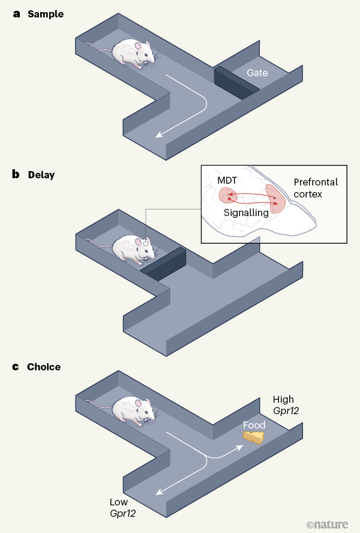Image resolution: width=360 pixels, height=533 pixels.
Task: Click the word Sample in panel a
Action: click(45, 13)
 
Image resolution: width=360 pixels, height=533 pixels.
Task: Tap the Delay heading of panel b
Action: click(41, 175)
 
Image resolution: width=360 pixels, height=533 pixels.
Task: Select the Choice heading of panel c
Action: click(43, 367)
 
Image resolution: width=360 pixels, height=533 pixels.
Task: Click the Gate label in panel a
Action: click(257, 73)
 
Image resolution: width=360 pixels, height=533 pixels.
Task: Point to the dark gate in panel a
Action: click(236, 82)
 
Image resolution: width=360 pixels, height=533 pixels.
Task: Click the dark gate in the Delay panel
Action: click(163, 263)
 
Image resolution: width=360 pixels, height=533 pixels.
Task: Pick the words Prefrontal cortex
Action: click(316, 187)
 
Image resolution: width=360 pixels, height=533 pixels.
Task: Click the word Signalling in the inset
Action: click(246, 212)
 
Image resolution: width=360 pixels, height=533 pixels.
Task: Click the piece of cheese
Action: click(254, 436)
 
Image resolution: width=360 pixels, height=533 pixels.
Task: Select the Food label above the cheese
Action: click(254, 425)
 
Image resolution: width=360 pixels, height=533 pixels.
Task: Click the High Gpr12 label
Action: click(286, 405)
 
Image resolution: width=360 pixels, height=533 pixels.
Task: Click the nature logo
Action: click(327, 523)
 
